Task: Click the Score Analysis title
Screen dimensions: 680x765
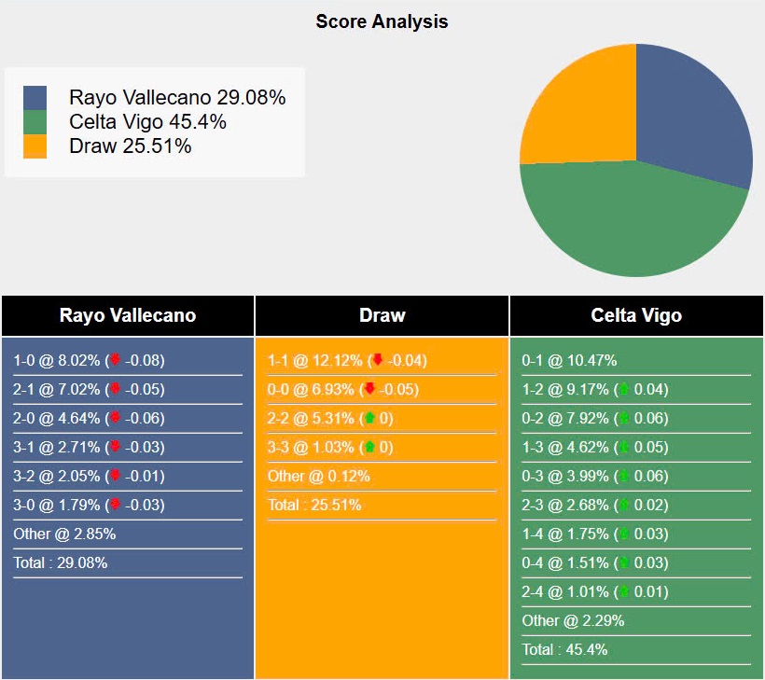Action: click(x=382, y=21)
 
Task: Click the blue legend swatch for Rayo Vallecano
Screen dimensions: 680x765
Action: click(x=35, y=98)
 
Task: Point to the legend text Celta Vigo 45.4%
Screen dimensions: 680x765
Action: click(x=147, y=122)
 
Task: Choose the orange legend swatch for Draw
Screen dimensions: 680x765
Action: click(x=35, y=146)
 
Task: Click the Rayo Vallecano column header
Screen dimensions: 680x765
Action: click(x=128, y=315)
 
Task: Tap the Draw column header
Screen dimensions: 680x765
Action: click(x=382, y=315)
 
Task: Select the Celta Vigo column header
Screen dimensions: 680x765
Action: click(x=636, y=315)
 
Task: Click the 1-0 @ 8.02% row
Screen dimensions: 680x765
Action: click(x=89, y=360)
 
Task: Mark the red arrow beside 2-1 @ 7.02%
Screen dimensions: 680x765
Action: click(x=115, y=389)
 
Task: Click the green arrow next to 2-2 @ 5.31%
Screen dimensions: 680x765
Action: click(x=369, y=418)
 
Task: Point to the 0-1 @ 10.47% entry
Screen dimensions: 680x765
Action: click(x=569, y=360)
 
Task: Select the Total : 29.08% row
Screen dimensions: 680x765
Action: click(x=61, y=562)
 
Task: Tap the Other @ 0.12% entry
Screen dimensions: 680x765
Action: click(x=319, y=476)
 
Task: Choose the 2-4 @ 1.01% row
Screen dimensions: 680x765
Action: click(x=594, y=591)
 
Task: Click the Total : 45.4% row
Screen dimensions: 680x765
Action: click(x=564, y=649)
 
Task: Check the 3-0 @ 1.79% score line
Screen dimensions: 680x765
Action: click(x=89, y=505)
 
